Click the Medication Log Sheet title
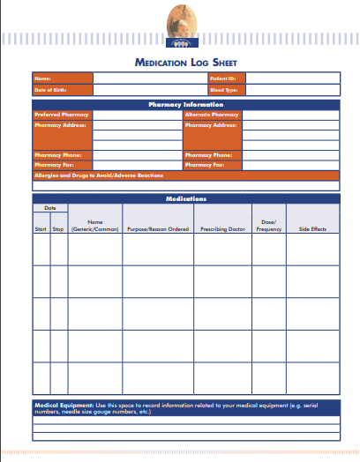(x=185, y=63)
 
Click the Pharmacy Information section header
(x=185, y=105)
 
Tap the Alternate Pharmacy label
(x=212, y=115)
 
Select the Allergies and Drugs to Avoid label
(x=99, y=175)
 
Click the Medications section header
(x=185, y=199)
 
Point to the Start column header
(x=41, y=229)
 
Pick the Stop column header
(x=58, y=229)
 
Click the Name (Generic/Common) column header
(x=95, y=225)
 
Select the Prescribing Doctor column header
(x=221, y=229)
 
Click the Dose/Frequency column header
(x=269, y=225)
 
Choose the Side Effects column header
(x=312, y=229)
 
